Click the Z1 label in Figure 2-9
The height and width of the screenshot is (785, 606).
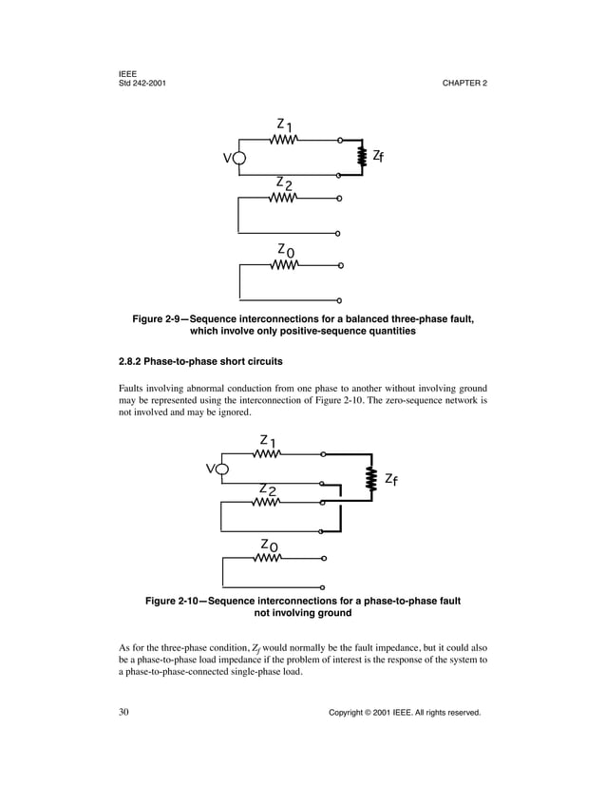284,124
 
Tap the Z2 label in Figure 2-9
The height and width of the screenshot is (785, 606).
284,182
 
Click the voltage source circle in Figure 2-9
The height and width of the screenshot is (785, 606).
238,159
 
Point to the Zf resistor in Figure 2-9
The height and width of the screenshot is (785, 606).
362,157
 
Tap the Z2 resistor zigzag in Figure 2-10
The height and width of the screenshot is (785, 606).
267,503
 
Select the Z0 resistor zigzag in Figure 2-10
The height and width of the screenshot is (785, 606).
267,559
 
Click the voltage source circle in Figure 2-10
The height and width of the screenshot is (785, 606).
221,469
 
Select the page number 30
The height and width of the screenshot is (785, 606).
124,711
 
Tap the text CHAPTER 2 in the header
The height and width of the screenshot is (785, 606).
464,84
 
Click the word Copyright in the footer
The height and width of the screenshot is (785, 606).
349,712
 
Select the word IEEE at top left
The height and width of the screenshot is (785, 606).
128,73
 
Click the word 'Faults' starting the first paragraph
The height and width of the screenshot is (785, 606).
133,388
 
